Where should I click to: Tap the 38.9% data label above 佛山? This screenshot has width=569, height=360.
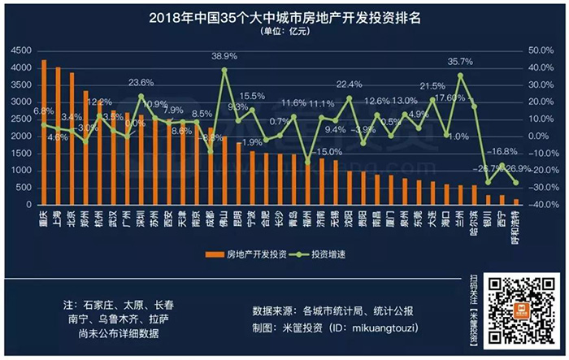tap(224, 56)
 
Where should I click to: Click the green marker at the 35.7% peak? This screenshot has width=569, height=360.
tap(461, 76)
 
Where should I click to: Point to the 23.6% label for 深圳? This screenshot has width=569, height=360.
tap(141, 83)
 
